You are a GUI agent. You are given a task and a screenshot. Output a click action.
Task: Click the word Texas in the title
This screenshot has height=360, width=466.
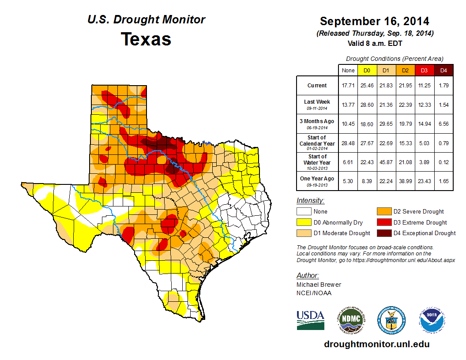coord(146,39)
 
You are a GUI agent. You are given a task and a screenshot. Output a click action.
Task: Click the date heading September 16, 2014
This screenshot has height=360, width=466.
coord(374,21)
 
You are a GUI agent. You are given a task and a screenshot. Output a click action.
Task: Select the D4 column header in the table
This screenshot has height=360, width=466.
coord(443,70)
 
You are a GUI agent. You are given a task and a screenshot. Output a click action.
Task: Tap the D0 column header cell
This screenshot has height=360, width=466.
coord(366,70)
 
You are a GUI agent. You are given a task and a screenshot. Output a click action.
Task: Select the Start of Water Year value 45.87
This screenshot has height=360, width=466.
coord(386,162)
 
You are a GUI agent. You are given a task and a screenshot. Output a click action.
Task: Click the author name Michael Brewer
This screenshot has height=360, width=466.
coord(319,285)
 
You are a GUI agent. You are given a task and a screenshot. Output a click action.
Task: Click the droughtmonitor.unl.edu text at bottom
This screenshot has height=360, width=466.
coord(376,344)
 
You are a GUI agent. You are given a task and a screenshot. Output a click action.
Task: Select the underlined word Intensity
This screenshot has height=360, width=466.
coord(310,201)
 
